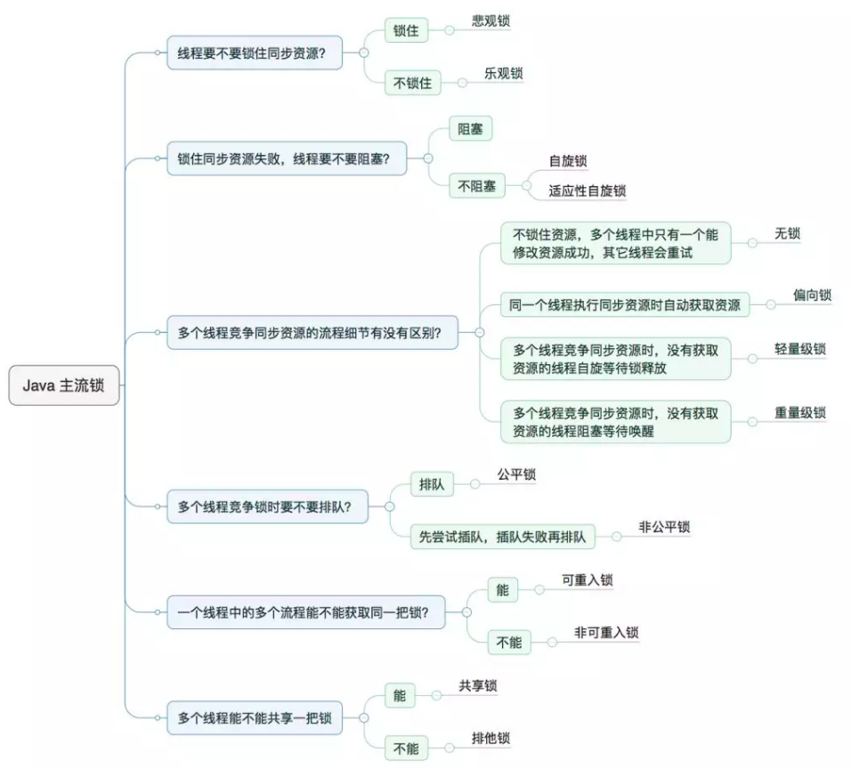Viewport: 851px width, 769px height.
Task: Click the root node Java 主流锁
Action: [x=64, y=385]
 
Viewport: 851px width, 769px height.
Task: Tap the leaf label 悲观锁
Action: [x=490, y=20]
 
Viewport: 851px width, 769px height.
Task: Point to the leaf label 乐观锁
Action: [x=503, y=74]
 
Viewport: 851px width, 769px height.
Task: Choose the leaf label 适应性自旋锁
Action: [x=587, y=190]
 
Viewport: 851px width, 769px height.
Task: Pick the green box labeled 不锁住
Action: [x=413, y=84]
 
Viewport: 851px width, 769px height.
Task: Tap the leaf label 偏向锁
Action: [x=812, y=295]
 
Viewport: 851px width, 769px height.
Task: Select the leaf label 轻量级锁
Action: [x=799, y=348]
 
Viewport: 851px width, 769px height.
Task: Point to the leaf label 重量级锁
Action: [x=799, y=412]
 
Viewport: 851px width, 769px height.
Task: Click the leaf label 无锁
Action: [x=787, y=233]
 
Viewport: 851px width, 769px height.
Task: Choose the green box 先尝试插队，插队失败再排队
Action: [x=503, y=537]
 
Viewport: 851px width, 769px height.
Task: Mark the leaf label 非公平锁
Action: [x=663, y=527]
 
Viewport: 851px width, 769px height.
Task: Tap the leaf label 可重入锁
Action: [x=587, y=580]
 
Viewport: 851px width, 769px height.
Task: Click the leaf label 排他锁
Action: [x=490, y=738]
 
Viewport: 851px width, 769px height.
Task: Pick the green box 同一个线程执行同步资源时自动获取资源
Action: [x=624, y=304]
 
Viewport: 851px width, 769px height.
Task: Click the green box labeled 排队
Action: [x=432, y=484]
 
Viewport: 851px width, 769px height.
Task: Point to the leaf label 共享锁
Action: [x=478, y=685]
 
